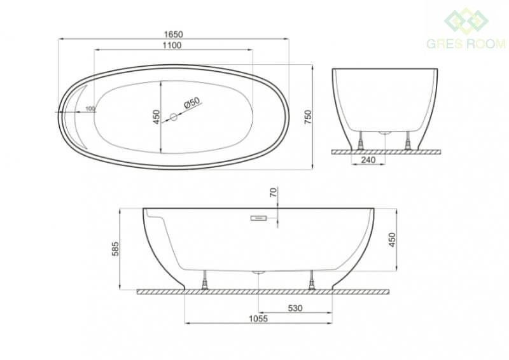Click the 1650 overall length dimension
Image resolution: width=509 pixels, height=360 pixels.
(x=173, y=34)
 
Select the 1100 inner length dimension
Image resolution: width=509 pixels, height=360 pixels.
(x=172, y=45)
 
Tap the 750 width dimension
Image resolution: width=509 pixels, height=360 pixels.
(x=308, y=117)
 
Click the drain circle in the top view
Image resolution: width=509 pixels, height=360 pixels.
(x=174, y=117)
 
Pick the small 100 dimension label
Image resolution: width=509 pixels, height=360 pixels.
(x=90, y=108)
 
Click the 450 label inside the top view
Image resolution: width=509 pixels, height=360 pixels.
(x=157, y=117)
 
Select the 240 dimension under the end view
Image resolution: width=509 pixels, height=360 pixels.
(x=368, y=160)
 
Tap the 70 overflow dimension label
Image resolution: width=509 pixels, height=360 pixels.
(x=274, y=193)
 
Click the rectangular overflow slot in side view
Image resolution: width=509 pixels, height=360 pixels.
(x=259, y=218)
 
